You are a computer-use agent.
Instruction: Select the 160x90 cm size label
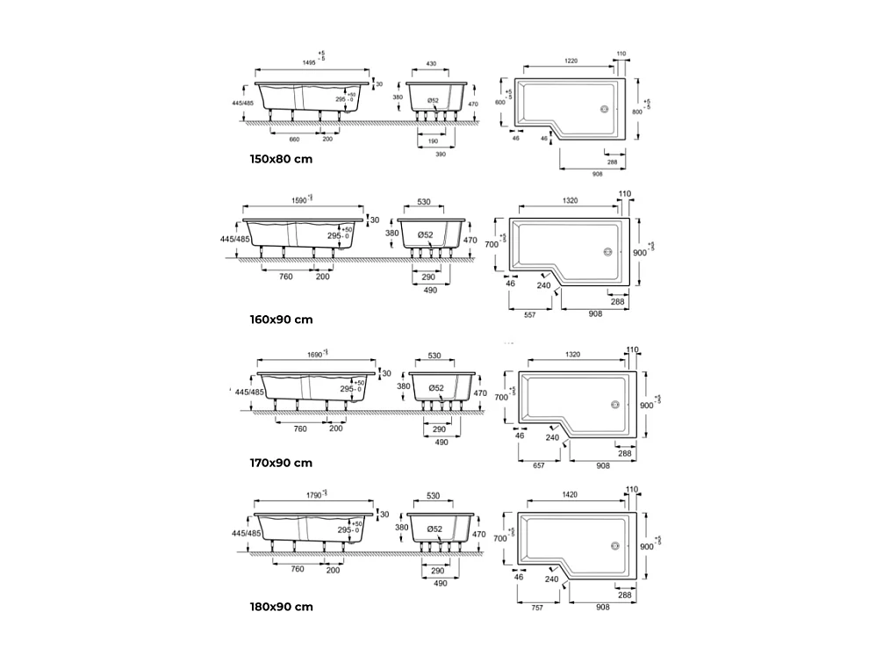point(280,320)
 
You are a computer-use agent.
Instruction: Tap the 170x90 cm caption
point(280,463)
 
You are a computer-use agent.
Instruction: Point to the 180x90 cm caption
point(280,607)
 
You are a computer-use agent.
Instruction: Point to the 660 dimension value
point(294,139)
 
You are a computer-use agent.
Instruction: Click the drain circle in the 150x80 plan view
point(604,110)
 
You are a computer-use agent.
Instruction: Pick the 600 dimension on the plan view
point(500,103)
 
